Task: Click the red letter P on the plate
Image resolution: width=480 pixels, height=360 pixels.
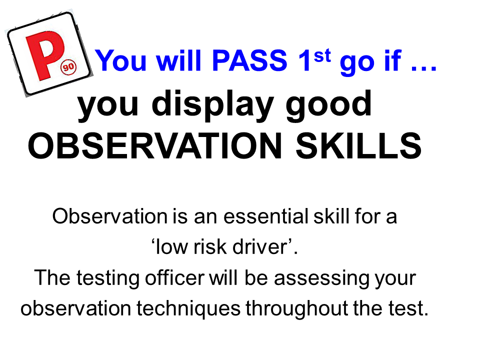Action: (x=44, y=55)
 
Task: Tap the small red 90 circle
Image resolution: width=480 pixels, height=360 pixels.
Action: (x=68, y=66)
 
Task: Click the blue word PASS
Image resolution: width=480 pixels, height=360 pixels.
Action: (x=249, y=60)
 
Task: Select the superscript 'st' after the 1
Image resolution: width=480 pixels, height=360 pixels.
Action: (x=322, y=55)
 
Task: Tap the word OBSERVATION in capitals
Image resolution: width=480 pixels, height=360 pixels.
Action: (x=154, y=146)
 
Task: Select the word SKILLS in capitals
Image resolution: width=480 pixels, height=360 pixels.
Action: (x=358, y=146)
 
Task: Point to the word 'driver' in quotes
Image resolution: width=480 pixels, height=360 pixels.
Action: (x=259, y=247)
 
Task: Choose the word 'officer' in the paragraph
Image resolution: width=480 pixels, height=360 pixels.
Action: (x=174, y=277)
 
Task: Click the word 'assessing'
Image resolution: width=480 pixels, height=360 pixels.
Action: (x=321, y=278)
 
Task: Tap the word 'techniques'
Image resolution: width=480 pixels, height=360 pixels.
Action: (x=188, y=309)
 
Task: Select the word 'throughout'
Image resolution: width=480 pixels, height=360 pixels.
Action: (x=296, y=309)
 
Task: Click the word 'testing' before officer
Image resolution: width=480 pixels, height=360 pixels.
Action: (x=108, y=278)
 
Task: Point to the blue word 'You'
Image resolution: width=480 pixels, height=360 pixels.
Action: (x=121, y=60)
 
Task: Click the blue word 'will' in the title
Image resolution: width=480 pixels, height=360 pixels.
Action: (x=179, y=60)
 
